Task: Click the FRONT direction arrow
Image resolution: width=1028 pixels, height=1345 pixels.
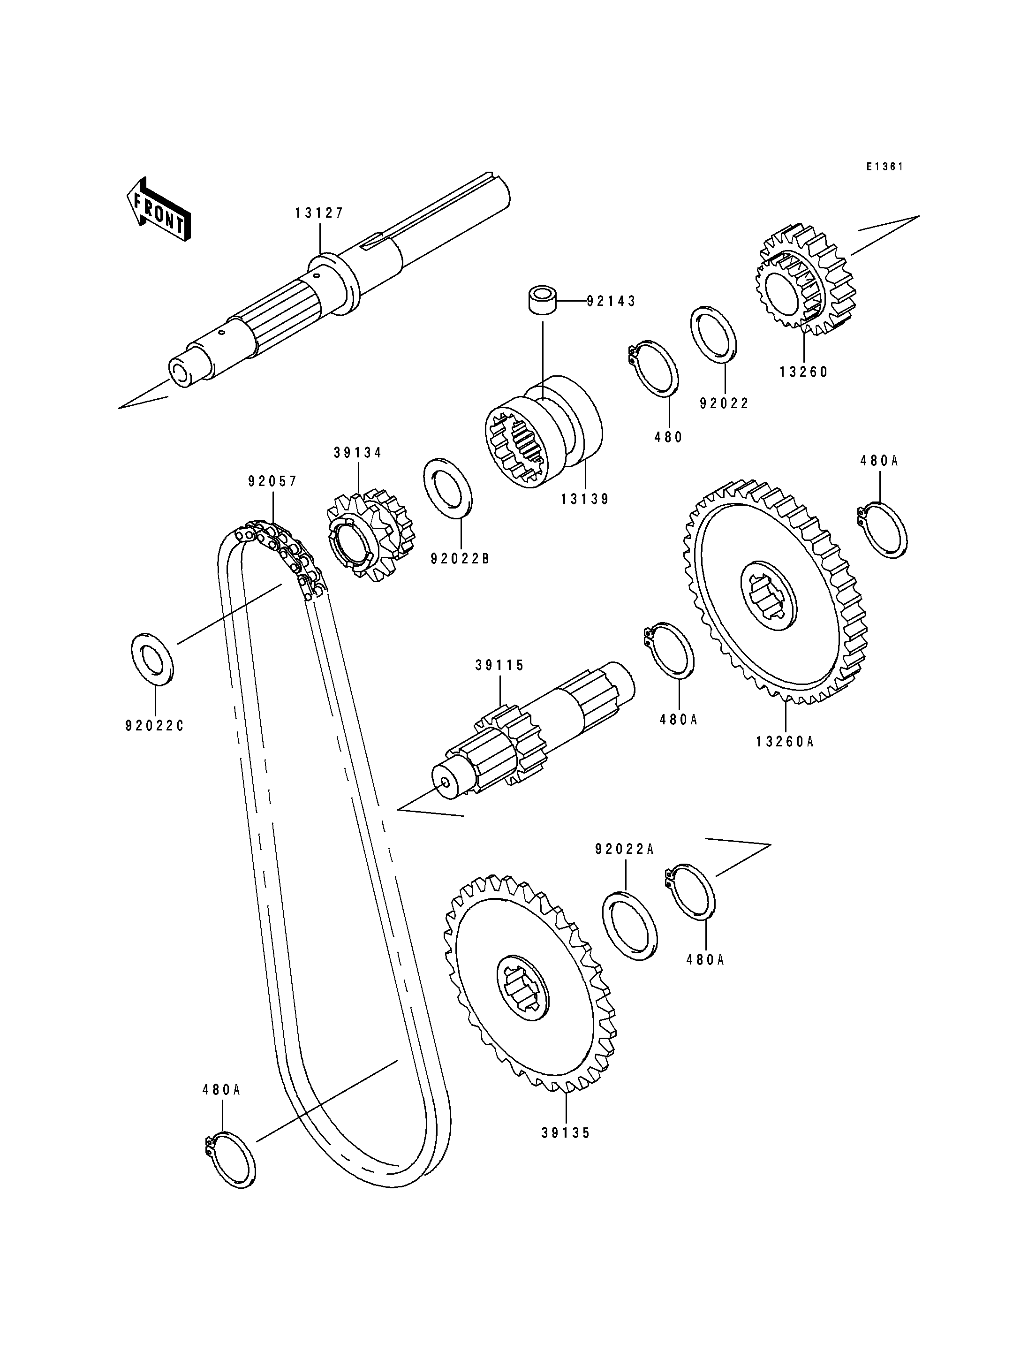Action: [158, 210]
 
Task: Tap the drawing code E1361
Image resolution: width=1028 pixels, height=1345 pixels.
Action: [884, 167]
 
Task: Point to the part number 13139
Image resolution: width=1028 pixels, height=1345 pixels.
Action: [585, 499]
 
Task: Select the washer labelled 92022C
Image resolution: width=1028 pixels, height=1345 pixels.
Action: [153, 659]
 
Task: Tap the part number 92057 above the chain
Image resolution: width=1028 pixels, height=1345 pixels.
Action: [272, 482]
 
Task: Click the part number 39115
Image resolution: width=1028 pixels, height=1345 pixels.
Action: [500, 665]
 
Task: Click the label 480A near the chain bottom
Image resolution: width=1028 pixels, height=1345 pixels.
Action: [221, 1090]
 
